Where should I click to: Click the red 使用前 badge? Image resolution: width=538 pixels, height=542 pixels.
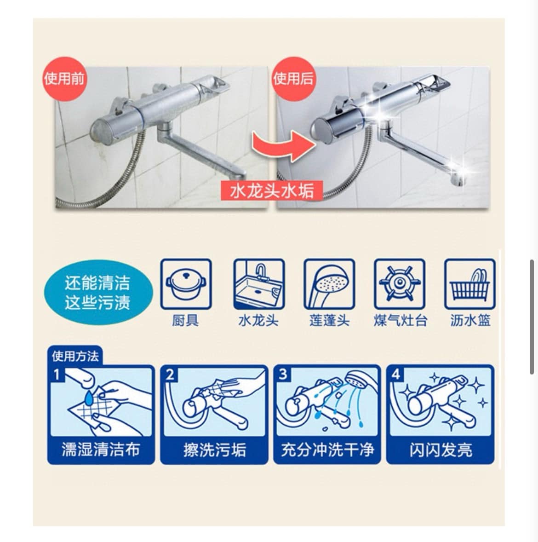tap(65, 79)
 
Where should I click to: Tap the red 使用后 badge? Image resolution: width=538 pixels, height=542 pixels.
tap(293, 79)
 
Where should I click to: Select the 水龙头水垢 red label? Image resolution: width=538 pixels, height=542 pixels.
tap(272, 190)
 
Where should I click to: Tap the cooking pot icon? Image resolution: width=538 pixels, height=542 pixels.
tap(186, 284)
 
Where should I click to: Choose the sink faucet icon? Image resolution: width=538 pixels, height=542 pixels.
tap(258, 284)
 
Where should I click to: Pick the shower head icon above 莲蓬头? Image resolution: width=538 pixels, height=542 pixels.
tap(329, 284)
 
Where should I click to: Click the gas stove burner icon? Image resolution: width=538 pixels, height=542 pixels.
tap(400, 284)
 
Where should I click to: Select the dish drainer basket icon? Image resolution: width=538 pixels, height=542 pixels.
tap(470, 284)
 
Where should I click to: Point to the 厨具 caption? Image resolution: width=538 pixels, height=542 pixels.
tap(185, 320)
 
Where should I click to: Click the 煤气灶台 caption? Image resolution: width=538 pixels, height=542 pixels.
tap(400, 320)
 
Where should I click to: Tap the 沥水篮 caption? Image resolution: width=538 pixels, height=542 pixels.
tap(470, 320)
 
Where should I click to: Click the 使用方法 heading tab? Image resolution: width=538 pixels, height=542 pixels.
tap(75, 356)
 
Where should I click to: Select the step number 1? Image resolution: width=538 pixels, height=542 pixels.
tap(57, 375)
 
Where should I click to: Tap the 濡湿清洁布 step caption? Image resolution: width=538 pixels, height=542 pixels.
tap(101, 449)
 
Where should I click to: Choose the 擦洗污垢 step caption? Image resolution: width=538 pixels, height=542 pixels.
tap(214, 449)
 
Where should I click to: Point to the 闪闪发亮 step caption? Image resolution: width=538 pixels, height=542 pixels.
tap(440, 449)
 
